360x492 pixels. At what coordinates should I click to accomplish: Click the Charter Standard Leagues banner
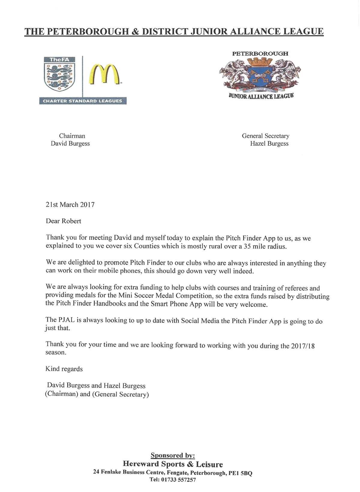click(82, 101)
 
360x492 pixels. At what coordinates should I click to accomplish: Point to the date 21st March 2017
click(70, 205)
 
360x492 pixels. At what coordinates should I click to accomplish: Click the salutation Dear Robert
click(63, 221)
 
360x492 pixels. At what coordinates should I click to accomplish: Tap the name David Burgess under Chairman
click(70, 143)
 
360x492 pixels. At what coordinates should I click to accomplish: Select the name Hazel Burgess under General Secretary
click(269, 143)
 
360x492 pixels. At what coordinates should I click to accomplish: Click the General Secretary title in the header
click(265, 136)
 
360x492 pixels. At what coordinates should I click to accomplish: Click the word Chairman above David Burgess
click(72, 136)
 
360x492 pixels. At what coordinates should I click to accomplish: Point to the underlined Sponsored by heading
click(172, 455)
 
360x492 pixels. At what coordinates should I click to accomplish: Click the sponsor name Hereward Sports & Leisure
click(172, 464)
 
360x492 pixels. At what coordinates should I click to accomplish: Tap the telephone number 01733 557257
click(178, 480)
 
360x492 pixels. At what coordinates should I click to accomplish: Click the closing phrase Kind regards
click(64, 369)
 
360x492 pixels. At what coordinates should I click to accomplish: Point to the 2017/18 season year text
click(303, 346)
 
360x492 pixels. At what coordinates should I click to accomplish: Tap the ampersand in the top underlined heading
click(135, 31)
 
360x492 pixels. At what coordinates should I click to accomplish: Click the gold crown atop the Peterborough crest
click(260, 61)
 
